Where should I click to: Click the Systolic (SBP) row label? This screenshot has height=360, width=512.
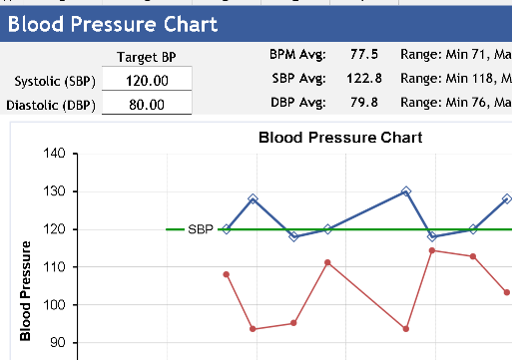[51, 81]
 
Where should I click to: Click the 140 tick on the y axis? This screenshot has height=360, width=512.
[53, 154]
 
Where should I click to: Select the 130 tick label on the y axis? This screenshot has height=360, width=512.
[53, 191]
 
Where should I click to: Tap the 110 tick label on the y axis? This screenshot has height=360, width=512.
[53, 267]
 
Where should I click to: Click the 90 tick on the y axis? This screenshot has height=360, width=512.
[55, 343]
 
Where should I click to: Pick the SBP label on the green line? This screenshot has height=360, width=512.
[200, 229]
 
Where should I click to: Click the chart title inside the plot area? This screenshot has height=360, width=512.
[339, 137]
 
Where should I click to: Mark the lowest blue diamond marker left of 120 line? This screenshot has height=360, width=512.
[293, 236]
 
